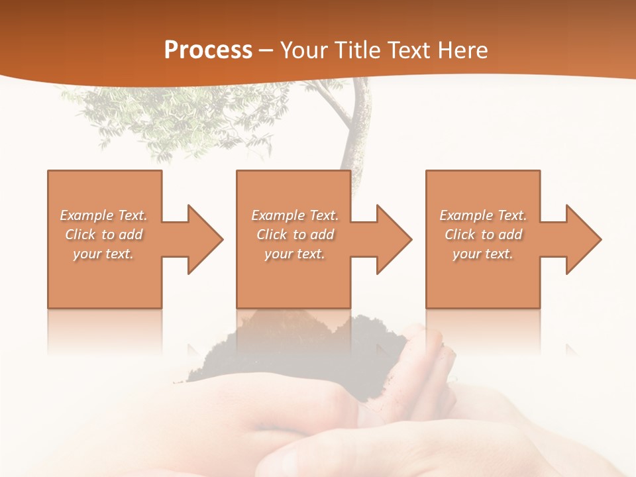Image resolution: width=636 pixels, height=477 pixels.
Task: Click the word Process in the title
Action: click(x=208, y=50)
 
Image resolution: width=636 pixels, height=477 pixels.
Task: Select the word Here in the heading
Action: click(x=462, y=50)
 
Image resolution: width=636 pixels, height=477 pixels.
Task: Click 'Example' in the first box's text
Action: click(x=86, y=215)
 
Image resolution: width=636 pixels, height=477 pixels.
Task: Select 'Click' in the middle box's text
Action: click(x=270, y=235)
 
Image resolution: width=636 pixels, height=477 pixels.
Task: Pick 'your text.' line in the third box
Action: click(x=483, y=254)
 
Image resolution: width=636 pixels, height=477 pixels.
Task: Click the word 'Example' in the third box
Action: click(x=466, y=215)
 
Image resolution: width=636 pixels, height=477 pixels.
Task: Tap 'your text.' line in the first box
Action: click(x=104, y=254)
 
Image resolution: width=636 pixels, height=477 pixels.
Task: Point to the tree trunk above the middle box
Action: click(x=354, y=132)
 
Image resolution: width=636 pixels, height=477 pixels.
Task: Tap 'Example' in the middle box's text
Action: click(x=278, y=215)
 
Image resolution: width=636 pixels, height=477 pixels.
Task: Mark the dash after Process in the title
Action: click(x=266, y=50)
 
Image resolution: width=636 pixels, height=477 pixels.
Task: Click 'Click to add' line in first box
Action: click(x=104, y=235)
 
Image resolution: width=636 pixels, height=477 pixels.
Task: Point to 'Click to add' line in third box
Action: click(x=484, y=235)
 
